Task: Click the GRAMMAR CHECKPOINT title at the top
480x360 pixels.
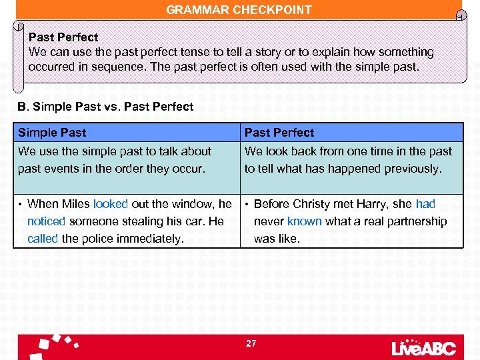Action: click(x=239, y=9)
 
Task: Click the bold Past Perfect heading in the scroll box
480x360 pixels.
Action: click(x=63, y=37)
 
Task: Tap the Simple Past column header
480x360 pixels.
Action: click(x=52, y=133)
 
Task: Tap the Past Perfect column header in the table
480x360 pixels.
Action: click(x=279, y=133)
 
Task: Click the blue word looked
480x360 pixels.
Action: click(x=110, y=204)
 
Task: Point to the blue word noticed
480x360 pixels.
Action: click(x=46, y=221)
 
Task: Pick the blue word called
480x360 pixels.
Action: click(x=43, y=238)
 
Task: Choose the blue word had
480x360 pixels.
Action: click(x=425, y=204)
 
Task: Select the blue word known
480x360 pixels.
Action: click(x=304, y=221)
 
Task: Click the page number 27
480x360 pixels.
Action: click(x=251, y=343)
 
